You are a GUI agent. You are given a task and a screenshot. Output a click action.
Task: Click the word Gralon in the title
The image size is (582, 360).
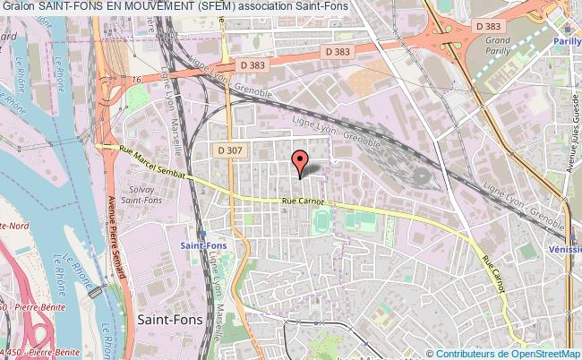[19, 7]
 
